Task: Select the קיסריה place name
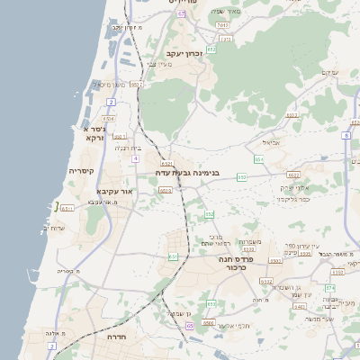pyautogui.click(x=83, y=170)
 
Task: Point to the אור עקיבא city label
pyautogui.click(x=114, y=192)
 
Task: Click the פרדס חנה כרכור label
pyautogui.click(x=238, y=263)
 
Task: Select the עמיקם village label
pyautogui.click(x=329, y=73)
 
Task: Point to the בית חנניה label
pyautogui.click(x=130, y=148)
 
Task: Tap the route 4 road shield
pyautogui.click(x=135, y=158)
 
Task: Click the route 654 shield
pyautogui.click(x=258, y=159)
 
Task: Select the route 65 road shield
pyautogui.click(x=189, y=326)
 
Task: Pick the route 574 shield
pyautogui.click(x=330, y=287)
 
